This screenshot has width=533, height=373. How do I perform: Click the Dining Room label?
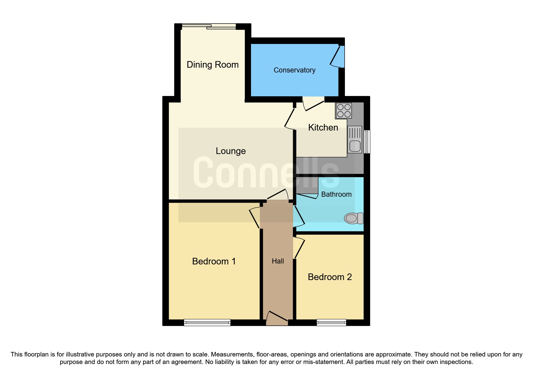(x=212, y=65)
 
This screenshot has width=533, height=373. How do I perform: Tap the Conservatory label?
(x=294, y=70)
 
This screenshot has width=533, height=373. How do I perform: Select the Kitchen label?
(x=323, y=128)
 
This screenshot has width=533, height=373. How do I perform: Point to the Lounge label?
(x=231, y=151)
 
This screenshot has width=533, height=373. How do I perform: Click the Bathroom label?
(x=336, y=194)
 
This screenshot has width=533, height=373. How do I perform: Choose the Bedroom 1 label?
(x=214, y=261)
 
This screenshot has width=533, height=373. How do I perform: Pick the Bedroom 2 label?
(x=330, y=277)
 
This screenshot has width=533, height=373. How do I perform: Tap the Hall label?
(x=278, y=261)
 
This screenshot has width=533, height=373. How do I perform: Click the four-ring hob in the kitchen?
(x=344, y=110)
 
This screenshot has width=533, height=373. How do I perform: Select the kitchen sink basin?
(x=355, y=146)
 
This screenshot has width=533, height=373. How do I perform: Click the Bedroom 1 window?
(x=207, y=322)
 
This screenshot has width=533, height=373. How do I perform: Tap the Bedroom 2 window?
(x=331, y=322)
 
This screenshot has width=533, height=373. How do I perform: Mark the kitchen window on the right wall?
(x=367, y=141)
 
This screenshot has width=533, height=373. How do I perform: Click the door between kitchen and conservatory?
(x=313, y=104)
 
